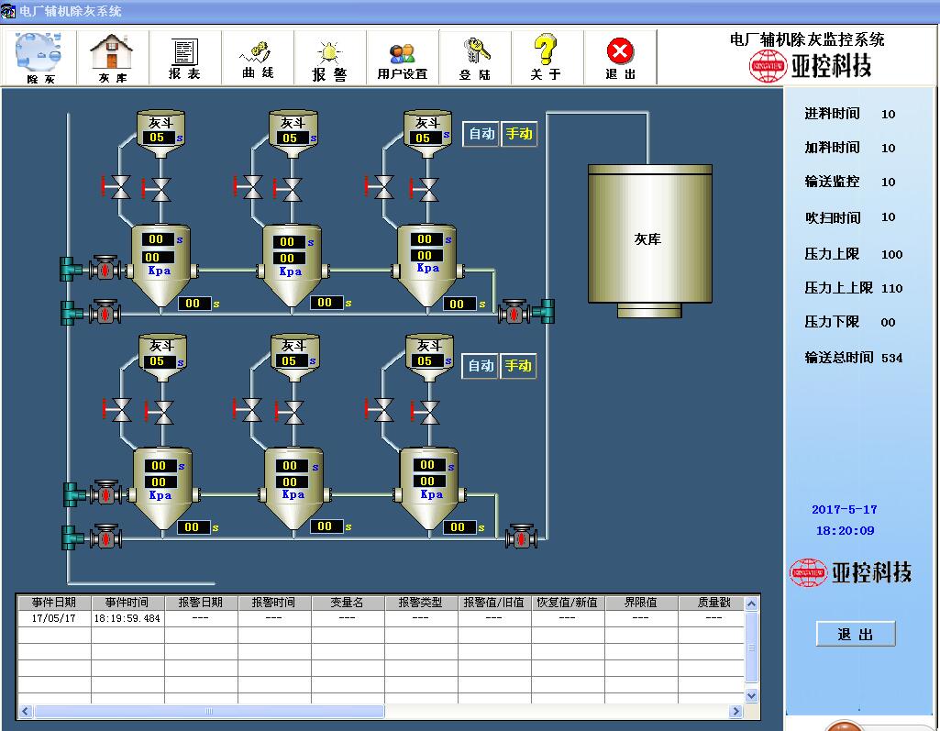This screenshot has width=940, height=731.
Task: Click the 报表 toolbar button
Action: point(185,58)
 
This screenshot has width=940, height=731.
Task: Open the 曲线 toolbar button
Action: point(258,58)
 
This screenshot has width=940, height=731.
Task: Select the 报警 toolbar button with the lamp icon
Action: point(330,58)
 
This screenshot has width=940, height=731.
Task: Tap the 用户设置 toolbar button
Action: point(403,58)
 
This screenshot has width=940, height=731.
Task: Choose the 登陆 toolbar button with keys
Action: point(475,58)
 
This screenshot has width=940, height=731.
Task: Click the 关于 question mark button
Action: point(546,58)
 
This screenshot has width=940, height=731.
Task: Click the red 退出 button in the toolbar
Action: point(621,58)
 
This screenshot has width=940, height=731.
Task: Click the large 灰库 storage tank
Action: point(649,238)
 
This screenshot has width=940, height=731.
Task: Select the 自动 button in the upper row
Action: point(481,134)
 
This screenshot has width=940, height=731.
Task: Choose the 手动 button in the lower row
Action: point(518,366)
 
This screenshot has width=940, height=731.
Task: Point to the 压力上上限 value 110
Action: point(891,288)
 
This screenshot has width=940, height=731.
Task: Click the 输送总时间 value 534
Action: point(891,358)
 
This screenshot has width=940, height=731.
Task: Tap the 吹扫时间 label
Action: point(832,217)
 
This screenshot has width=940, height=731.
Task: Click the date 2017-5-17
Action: point(844,510)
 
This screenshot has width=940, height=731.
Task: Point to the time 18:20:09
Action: point(845,531)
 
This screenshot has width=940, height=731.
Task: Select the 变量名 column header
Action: point(347,603)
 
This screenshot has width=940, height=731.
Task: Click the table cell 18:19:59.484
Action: point(127,618)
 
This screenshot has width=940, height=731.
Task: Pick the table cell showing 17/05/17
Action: point(53,618)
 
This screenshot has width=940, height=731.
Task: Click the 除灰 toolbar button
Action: point(40,58)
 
